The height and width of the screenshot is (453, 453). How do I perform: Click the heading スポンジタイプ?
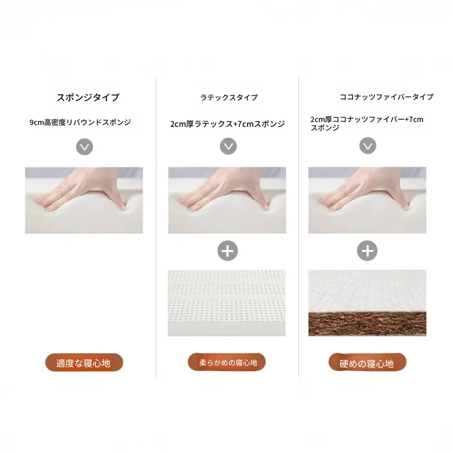88,97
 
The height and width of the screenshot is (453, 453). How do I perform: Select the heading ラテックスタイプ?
229,98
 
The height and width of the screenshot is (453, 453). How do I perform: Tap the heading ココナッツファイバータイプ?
387,97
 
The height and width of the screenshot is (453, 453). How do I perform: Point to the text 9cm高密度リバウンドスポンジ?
80,122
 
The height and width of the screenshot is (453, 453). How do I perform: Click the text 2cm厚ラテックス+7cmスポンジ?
228,124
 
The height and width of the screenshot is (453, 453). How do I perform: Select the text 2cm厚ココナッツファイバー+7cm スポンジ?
367,123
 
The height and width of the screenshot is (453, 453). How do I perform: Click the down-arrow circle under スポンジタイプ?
85,147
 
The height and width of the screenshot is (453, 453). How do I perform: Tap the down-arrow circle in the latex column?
228,146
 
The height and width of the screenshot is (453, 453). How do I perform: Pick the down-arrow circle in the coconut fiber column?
368,146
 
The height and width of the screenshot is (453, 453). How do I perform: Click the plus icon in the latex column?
228,251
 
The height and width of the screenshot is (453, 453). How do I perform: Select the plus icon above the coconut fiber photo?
367,251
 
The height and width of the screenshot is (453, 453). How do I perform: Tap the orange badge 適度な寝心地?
84,362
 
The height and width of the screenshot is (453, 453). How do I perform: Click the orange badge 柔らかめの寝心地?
226,362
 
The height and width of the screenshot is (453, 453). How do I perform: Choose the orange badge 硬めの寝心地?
367,362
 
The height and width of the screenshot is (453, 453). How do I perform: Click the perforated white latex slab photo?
226,303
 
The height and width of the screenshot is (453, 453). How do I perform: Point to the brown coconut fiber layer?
367,324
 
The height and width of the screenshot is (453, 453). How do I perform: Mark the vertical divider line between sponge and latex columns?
156,226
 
